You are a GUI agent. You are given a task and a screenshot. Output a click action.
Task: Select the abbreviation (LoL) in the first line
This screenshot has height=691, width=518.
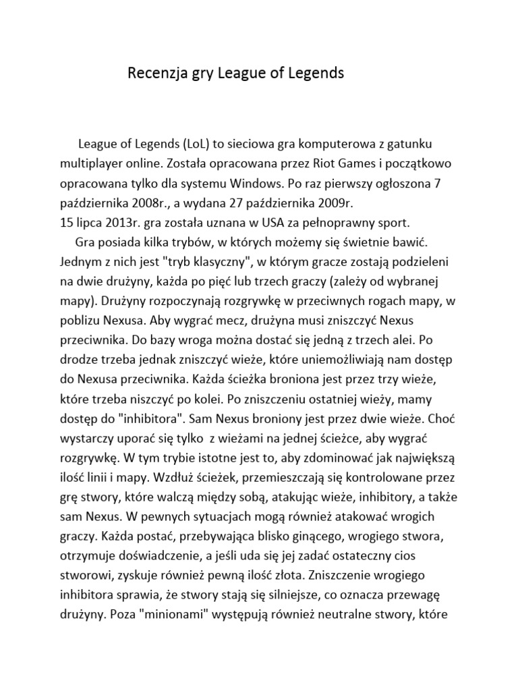(196, 145)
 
